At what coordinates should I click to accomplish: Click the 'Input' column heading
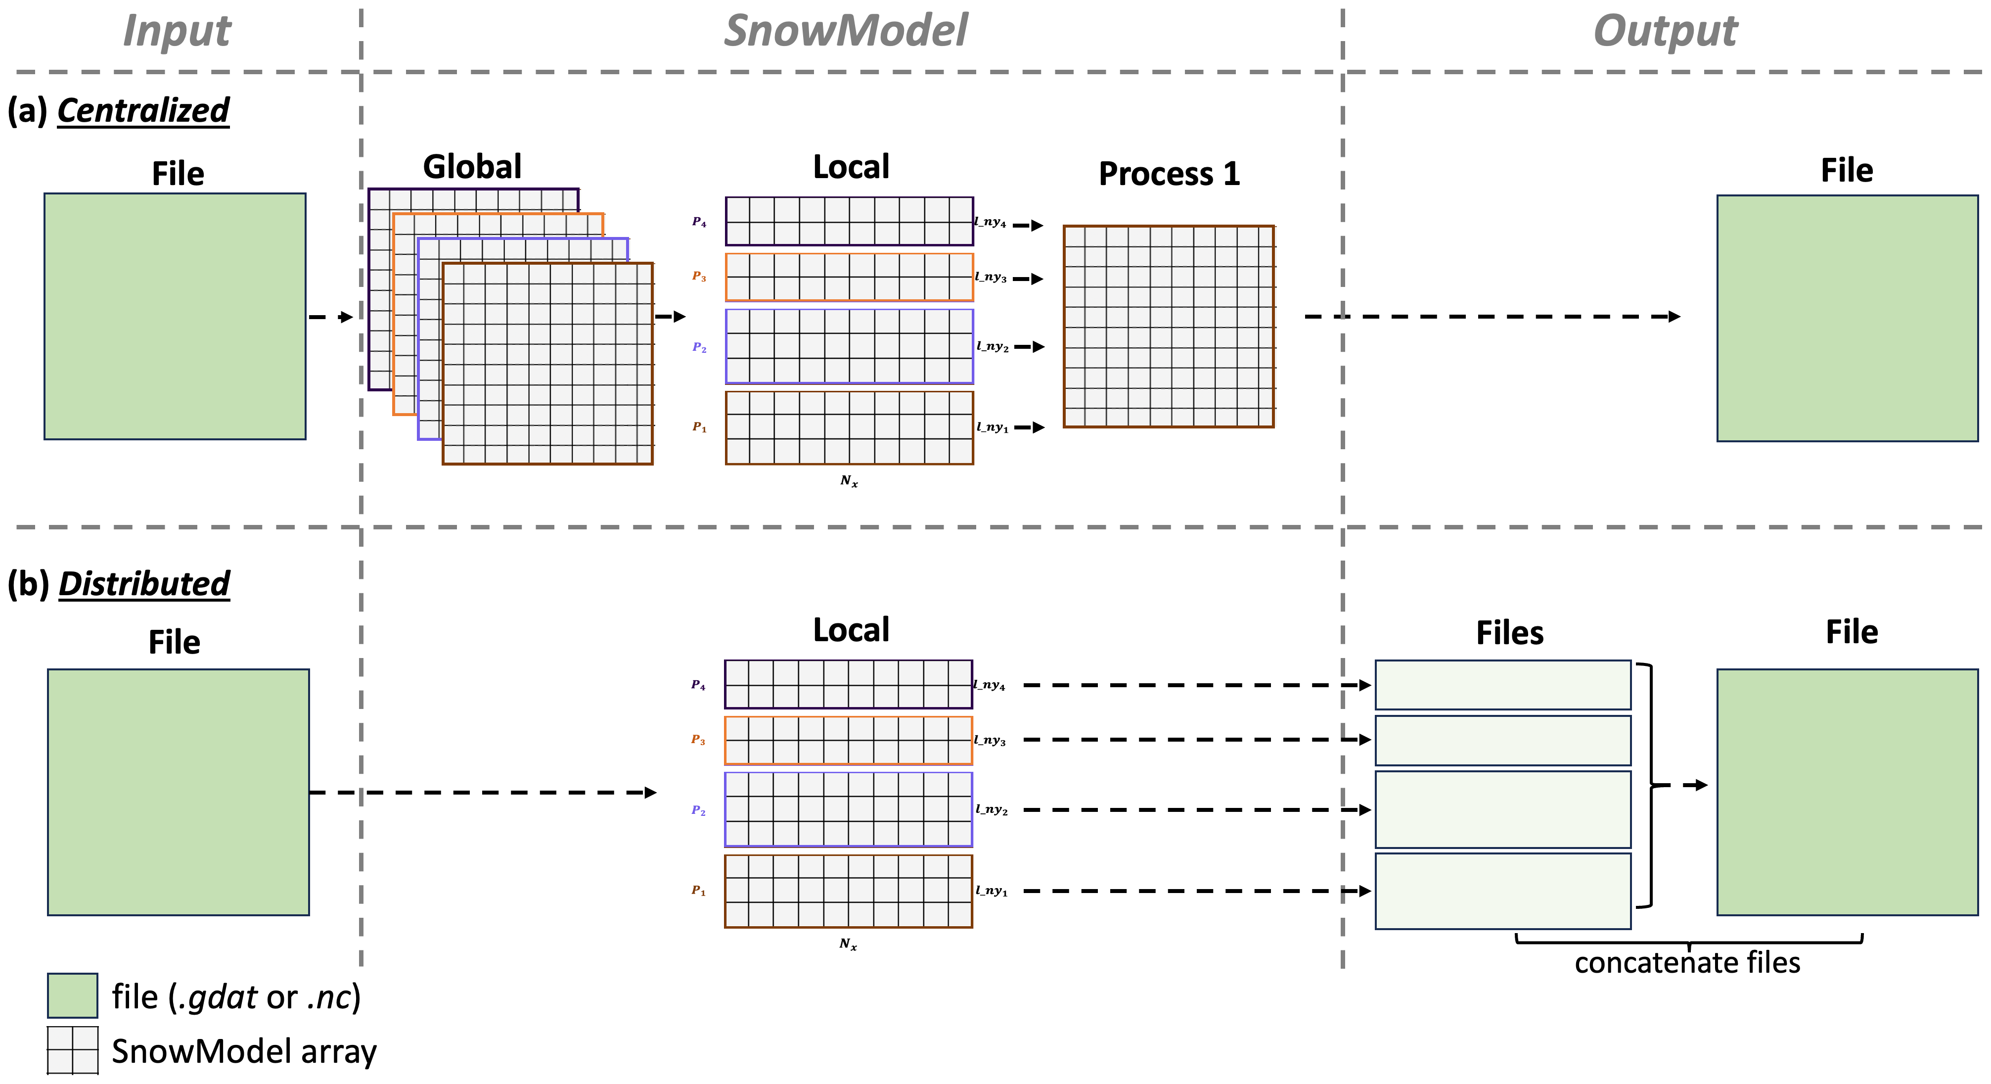177,31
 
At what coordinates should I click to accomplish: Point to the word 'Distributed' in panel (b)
144,584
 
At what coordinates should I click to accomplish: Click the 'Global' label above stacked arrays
472,167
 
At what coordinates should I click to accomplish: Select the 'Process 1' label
1169,174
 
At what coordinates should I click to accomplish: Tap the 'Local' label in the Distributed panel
851,630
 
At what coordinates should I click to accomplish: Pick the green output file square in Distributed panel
1847,792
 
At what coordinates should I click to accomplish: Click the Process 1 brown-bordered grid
1169,326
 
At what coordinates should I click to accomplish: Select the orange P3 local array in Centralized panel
849,277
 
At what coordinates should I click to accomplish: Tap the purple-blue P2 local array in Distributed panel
848,809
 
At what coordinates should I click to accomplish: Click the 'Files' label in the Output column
1509,633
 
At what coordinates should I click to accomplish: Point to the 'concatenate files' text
1687,963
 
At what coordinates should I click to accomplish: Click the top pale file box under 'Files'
1502,685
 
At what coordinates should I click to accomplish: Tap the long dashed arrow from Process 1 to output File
1492,316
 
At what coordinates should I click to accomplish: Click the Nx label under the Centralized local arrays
849,481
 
